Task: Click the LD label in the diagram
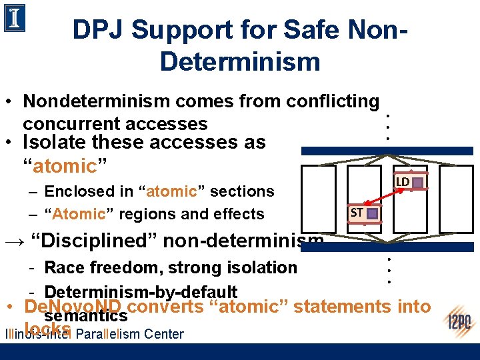click(x=403, y=182)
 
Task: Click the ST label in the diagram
click(x=357, y=213)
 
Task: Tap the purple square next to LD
click(x=417, y=182)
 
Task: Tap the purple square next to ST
click(x=372, y=213)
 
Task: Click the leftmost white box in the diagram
click(x=318, y=199)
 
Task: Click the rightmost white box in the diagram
click(x=456, y=199)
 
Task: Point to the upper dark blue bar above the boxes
click(x=389, y=151)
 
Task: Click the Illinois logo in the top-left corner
click(x=15, y=19)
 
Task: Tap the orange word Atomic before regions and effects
click(x=79, y=214)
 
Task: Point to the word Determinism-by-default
click(x=141, y=292)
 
